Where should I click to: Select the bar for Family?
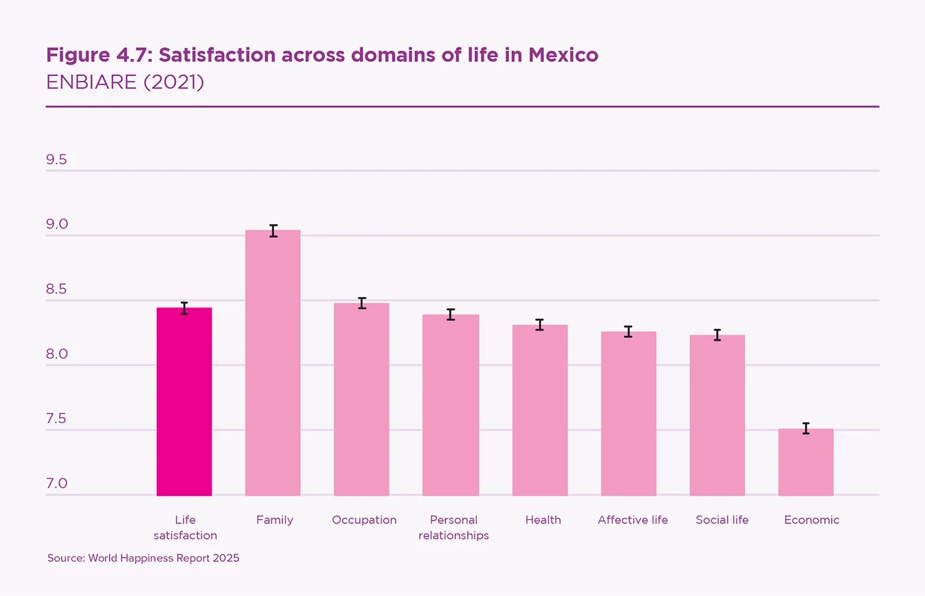point(273,363)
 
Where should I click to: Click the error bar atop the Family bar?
point(273,230)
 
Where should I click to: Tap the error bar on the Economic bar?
point(806,429)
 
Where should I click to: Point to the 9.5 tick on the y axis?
point(56,160)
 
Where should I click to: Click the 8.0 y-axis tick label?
point(56,355)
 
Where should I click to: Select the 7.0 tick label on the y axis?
point(56,484)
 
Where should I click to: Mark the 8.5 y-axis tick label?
point(56,289)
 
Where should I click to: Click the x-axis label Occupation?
point(364,520)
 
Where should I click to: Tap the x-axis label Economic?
point(811,520)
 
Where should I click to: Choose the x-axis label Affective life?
point(632,520)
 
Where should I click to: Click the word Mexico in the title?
point(563,55)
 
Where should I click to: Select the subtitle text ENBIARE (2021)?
point(125,82)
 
